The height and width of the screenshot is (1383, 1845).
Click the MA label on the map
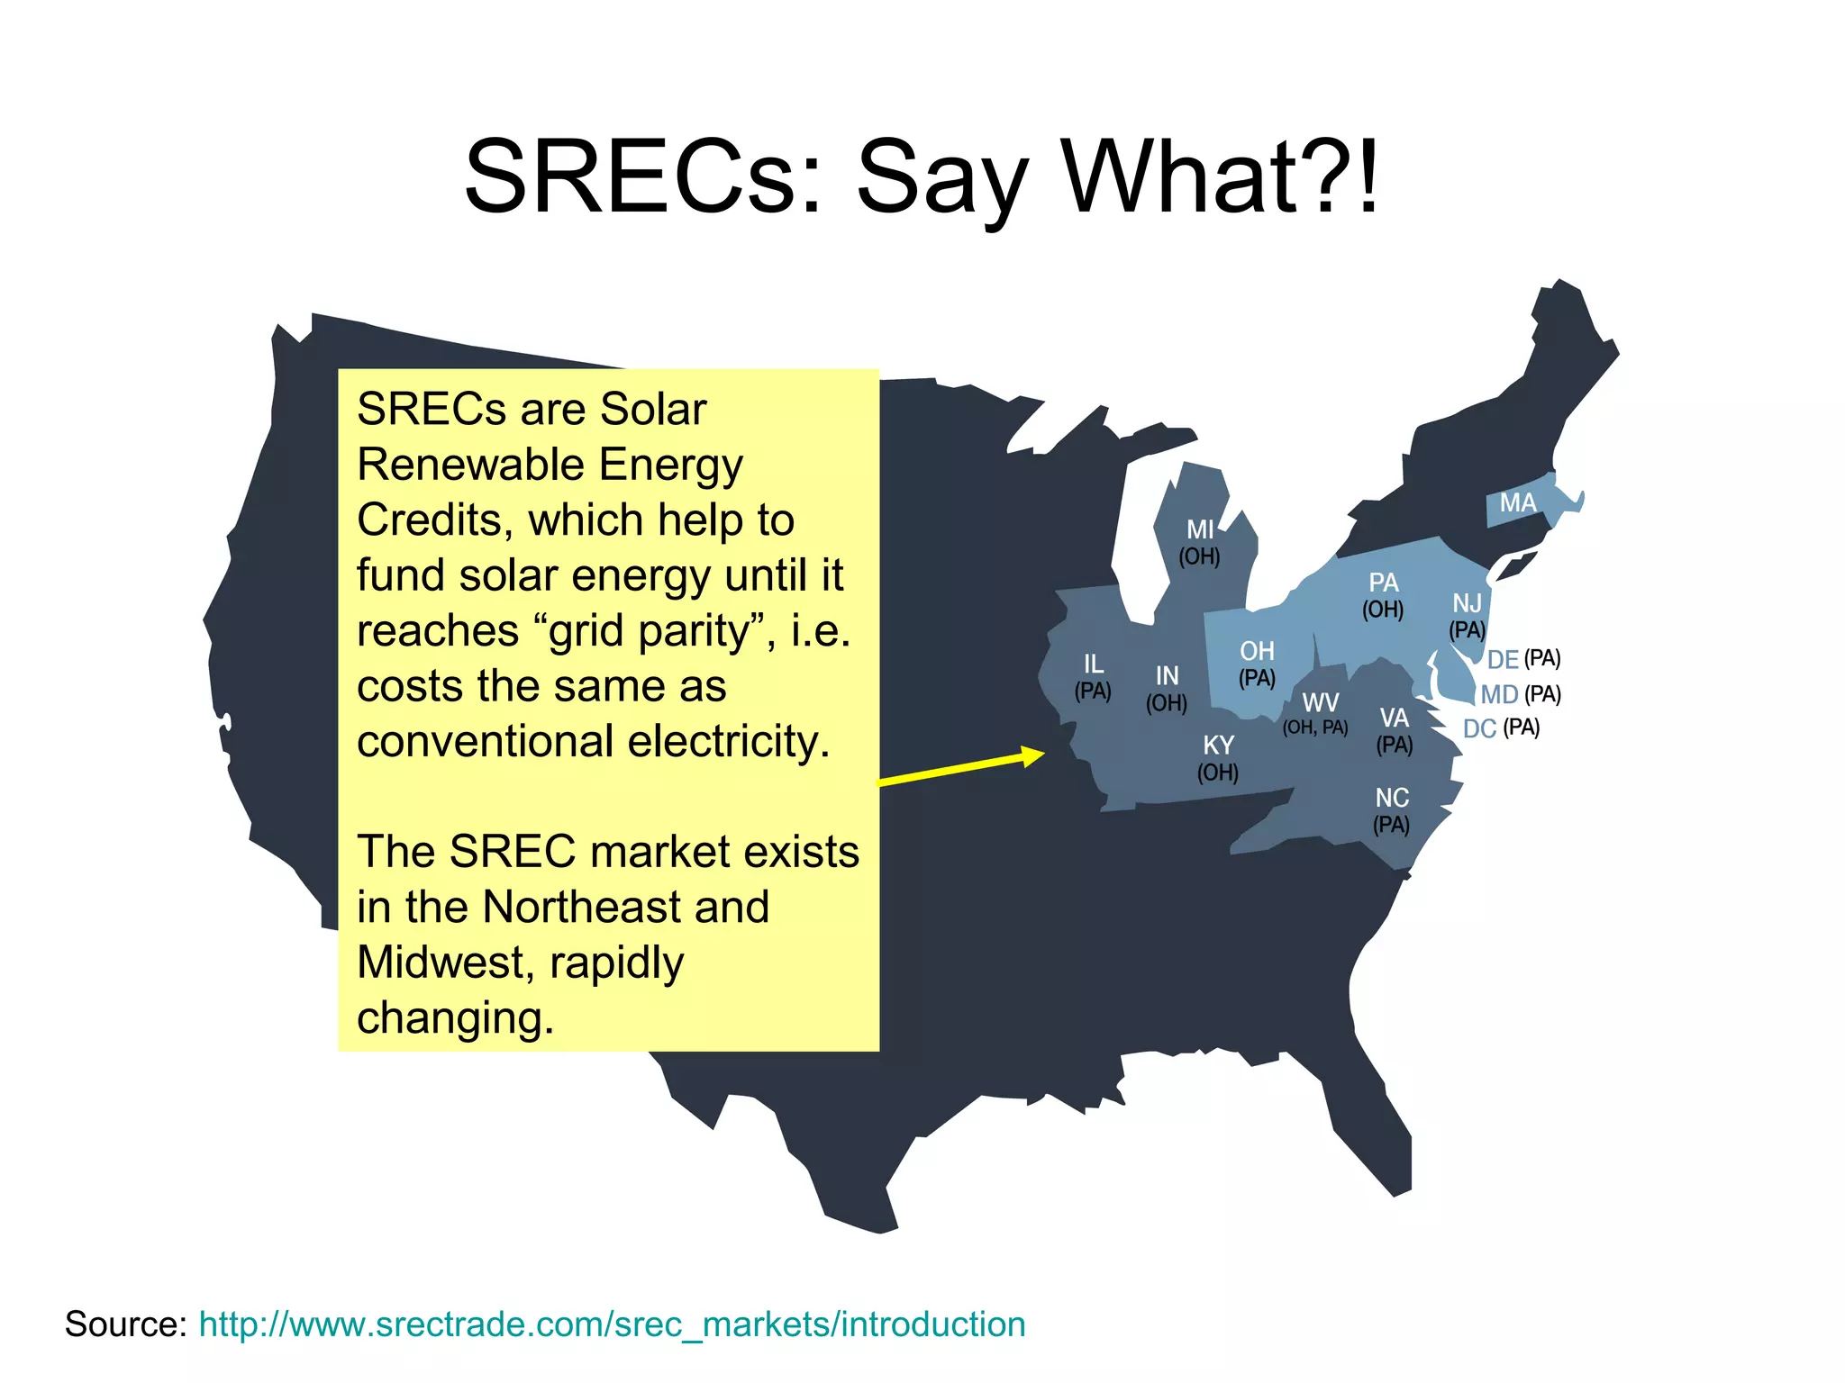1517,502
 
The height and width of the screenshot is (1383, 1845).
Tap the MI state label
1200,529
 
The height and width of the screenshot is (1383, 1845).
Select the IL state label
1093,664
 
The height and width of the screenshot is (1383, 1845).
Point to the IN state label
1167,675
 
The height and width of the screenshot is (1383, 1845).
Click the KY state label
1218,746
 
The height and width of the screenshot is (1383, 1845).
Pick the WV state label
1320,702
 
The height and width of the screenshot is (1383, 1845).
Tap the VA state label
1394,718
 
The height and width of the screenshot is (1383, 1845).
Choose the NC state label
1392,798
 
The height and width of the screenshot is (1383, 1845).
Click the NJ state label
1467,603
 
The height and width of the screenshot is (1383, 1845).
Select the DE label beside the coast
1503,660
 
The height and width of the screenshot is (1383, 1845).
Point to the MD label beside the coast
1499,695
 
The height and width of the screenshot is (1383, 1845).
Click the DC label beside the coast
1479,728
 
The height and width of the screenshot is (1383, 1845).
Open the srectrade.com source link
612,1324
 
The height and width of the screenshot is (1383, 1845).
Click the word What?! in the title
1221,177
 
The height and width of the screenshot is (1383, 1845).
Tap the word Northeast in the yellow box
626,907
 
